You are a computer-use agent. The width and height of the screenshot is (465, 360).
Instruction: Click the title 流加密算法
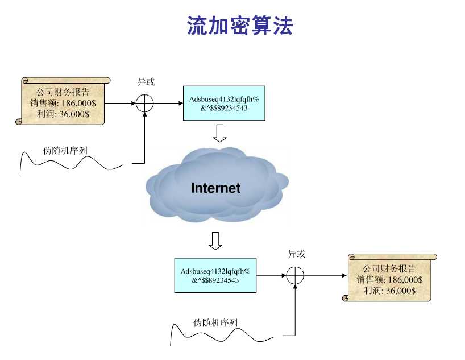point(240,26)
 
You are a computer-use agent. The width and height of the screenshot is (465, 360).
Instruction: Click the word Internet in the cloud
point(215,188)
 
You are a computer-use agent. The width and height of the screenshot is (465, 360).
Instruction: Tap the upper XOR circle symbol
point(145,104)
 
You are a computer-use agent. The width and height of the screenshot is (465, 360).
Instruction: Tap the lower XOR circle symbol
point(295,275)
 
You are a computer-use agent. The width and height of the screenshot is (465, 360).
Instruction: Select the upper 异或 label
point(146,82)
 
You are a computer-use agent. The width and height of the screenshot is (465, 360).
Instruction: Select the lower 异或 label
point(297,254)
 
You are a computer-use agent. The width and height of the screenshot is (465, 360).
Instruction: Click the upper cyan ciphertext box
point(224,104)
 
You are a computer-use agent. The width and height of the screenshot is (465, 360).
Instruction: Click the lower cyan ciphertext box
point(215,275)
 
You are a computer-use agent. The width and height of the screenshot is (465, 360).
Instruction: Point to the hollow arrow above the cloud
point(220,133)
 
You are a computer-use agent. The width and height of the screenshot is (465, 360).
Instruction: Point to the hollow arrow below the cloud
point(215,241)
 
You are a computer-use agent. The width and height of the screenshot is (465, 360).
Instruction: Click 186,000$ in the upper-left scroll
point(78,103)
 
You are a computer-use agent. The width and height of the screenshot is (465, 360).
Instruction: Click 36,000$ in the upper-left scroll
point(74,114)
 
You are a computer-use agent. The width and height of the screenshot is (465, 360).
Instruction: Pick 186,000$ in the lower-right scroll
point(405,280)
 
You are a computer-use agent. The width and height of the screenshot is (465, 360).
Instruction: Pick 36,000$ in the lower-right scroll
point(401,291)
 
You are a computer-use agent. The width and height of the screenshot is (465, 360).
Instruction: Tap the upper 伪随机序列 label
point(65,151)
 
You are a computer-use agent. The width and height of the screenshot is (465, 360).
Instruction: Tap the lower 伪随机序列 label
point(215,322)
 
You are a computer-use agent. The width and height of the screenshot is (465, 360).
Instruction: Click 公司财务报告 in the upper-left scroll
point(63,92)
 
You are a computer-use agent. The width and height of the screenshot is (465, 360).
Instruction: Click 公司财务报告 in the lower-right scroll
point(389,268)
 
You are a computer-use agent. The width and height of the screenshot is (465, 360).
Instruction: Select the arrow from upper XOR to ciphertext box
point(168,104)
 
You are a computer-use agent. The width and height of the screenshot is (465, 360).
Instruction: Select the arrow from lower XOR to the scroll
point(325,275)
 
